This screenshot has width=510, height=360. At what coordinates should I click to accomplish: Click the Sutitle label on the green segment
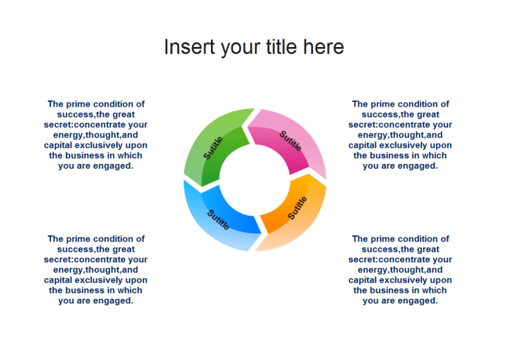pos(213,147)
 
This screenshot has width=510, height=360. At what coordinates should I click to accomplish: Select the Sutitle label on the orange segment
pos(297,208)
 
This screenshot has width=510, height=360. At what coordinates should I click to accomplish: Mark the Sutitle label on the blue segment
pos(219,219)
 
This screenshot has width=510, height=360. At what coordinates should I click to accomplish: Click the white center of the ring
pos(254,180)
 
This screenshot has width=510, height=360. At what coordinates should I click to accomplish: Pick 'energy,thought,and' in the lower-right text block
pos(400,269)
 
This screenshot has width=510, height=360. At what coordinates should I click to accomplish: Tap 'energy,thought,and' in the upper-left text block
pos(96,134)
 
